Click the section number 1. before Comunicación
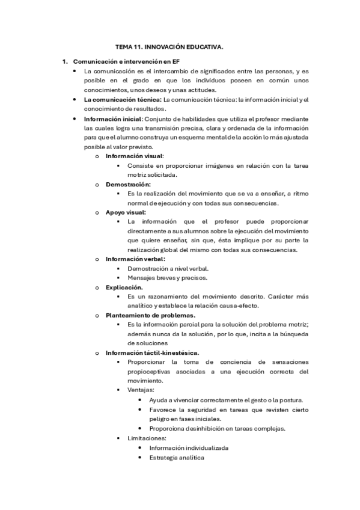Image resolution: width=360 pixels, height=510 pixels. [66, 61]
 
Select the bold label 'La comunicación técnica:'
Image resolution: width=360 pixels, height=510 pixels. [123, 99]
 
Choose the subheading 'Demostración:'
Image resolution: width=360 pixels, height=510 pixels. [128, 184]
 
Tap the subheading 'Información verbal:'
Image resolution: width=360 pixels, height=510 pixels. [135, 259]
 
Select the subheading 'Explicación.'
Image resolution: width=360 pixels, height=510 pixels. [124, 287]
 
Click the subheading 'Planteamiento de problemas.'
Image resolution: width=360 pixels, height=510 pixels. [150, 315]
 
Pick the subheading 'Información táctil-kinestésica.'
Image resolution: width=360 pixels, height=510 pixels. [153, 352]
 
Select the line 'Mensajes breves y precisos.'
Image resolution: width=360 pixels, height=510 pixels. [168, 278]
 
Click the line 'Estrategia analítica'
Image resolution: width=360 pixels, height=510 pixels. [177, 457]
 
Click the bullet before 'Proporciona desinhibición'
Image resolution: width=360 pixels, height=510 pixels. [140, 428]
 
